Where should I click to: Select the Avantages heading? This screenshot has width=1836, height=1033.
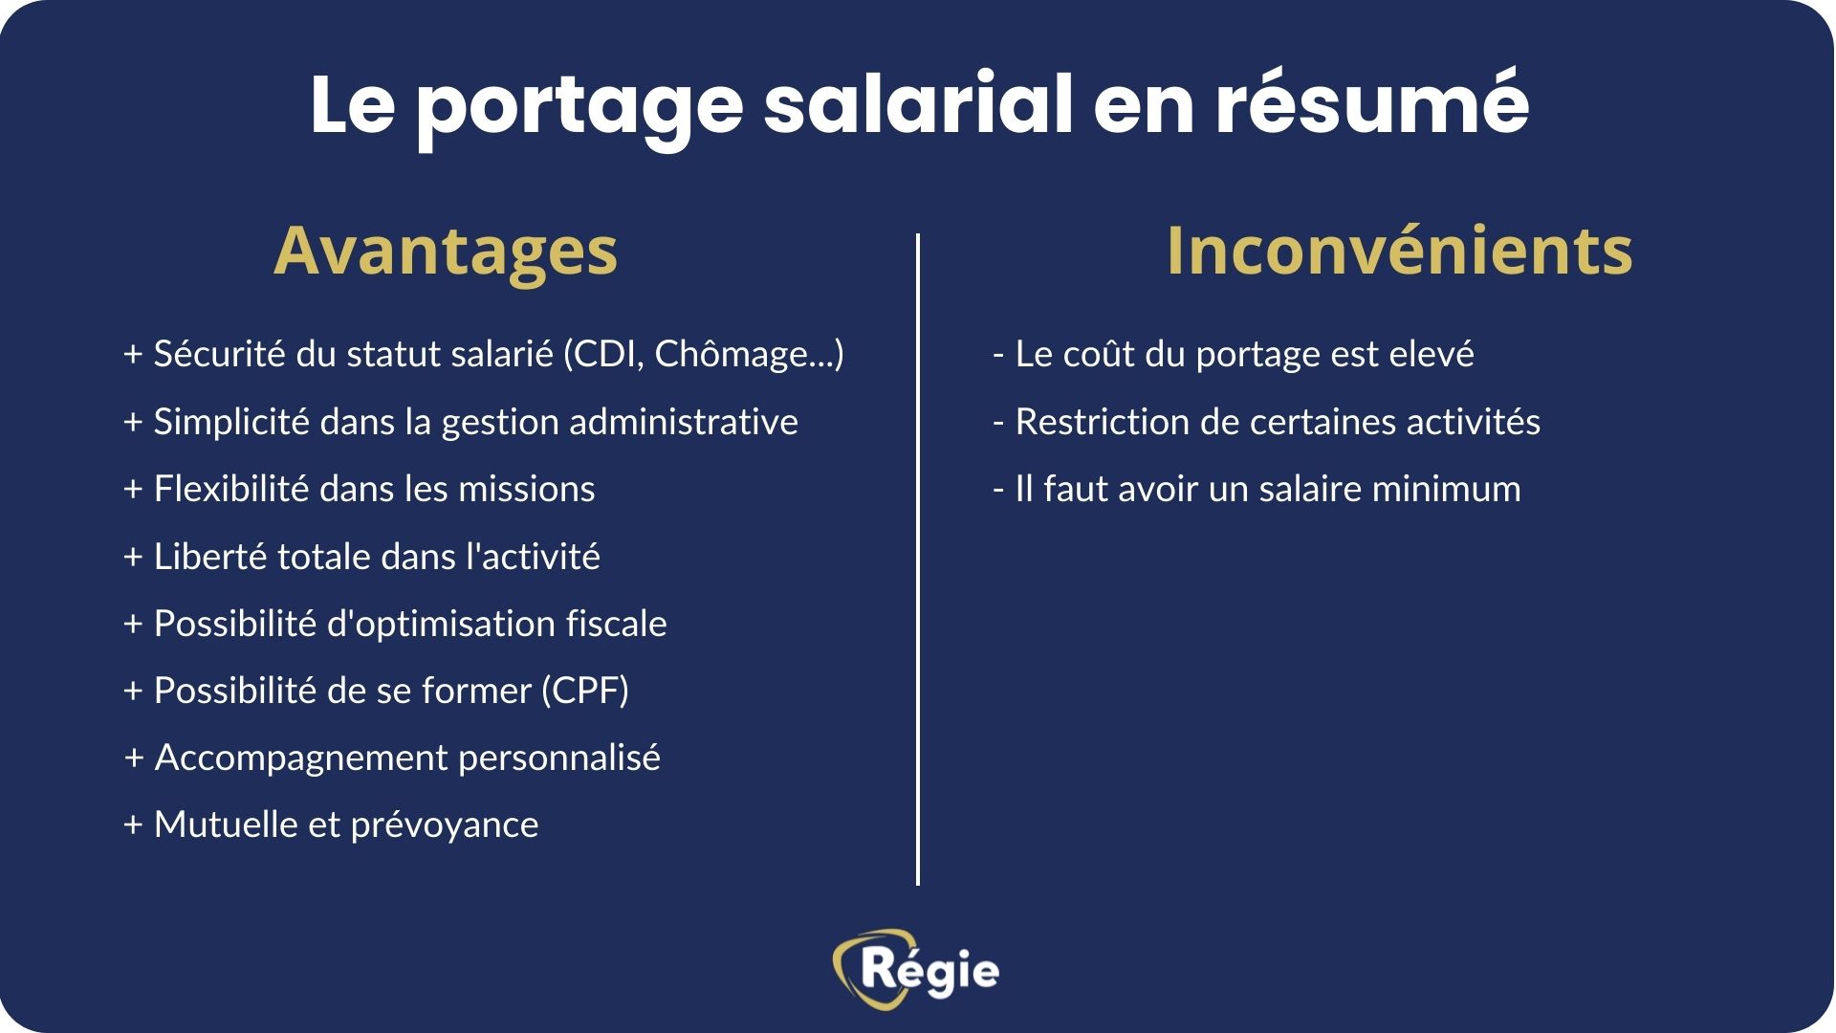(x=446, y=251)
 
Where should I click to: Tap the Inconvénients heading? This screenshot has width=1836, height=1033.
(x=1399, y=251)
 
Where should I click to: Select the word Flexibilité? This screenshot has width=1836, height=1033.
(x=231, y=489)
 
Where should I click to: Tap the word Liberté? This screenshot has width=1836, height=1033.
(x=210, y=556)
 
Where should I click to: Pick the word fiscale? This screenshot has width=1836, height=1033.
(x=617, y=624)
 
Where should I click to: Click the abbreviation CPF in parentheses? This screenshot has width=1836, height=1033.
(x=584, y=691)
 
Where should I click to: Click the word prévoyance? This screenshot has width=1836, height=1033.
(x=445, y=824)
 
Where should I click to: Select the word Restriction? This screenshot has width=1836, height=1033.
(x=1101, y=422)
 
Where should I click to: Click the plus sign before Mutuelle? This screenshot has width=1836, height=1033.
(x=133, y=825)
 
